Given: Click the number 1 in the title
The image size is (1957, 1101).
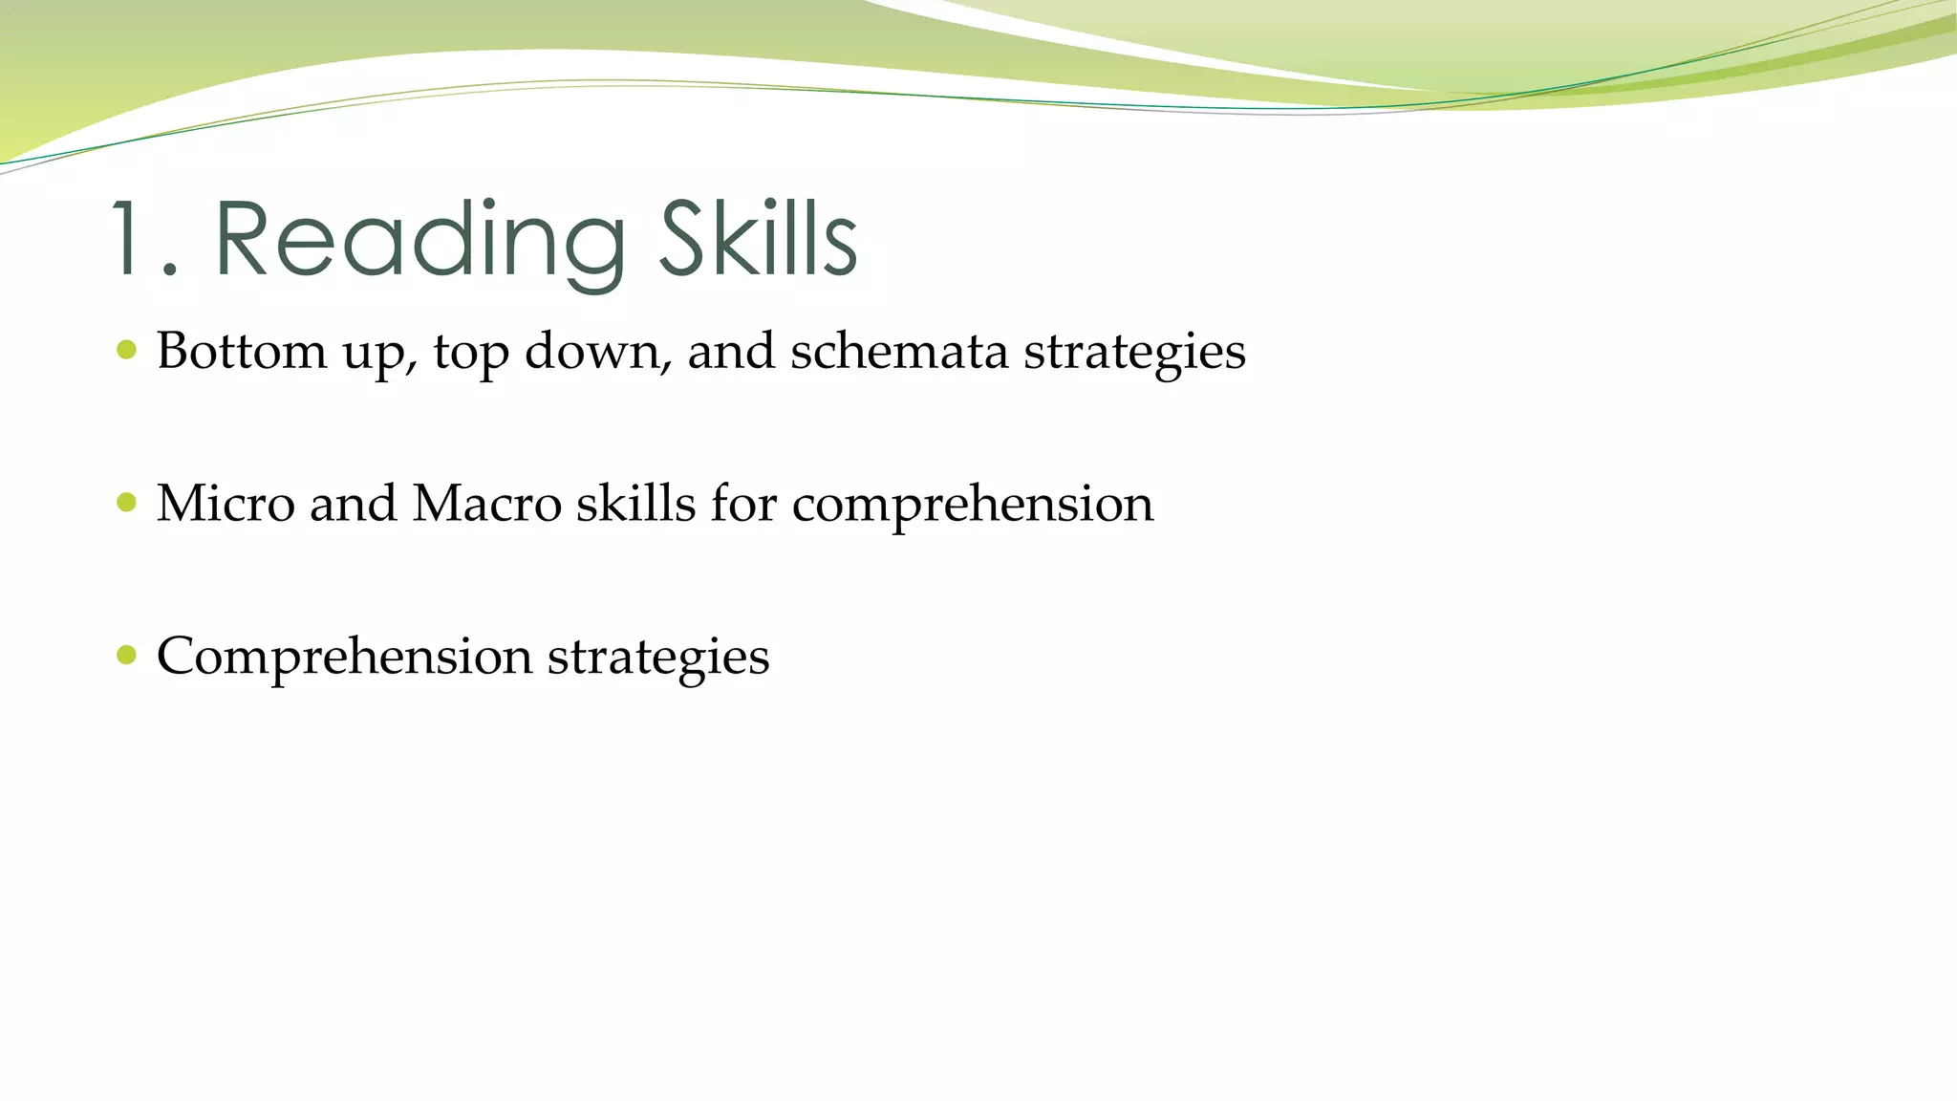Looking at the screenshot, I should click(x=130, y=239).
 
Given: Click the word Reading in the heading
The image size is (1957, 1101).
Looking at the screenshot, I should click(x=420, y=241).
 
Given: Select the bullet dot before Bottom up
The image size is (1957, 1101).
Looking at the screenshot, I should click(x=126, y=350).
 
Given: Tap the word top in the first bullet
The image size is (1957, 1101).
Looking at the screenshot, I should click(x=470, y=354).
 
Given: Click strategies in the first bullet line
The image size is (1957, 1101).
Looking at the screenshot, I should click(x=1134, y=352).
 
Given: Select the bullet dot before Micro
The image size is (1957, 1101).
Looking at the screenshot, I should click(x=126, y=503).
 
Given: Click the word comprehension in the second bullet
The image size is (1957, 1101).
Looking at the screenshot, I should click(x=972, y=505).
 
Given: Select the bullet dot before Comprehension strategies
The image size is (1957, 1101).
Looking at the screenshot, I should click(x=126, y=656).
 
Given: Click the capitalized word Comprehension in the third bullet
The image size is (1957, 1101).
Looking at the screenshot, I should click(x=344, y=658).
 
